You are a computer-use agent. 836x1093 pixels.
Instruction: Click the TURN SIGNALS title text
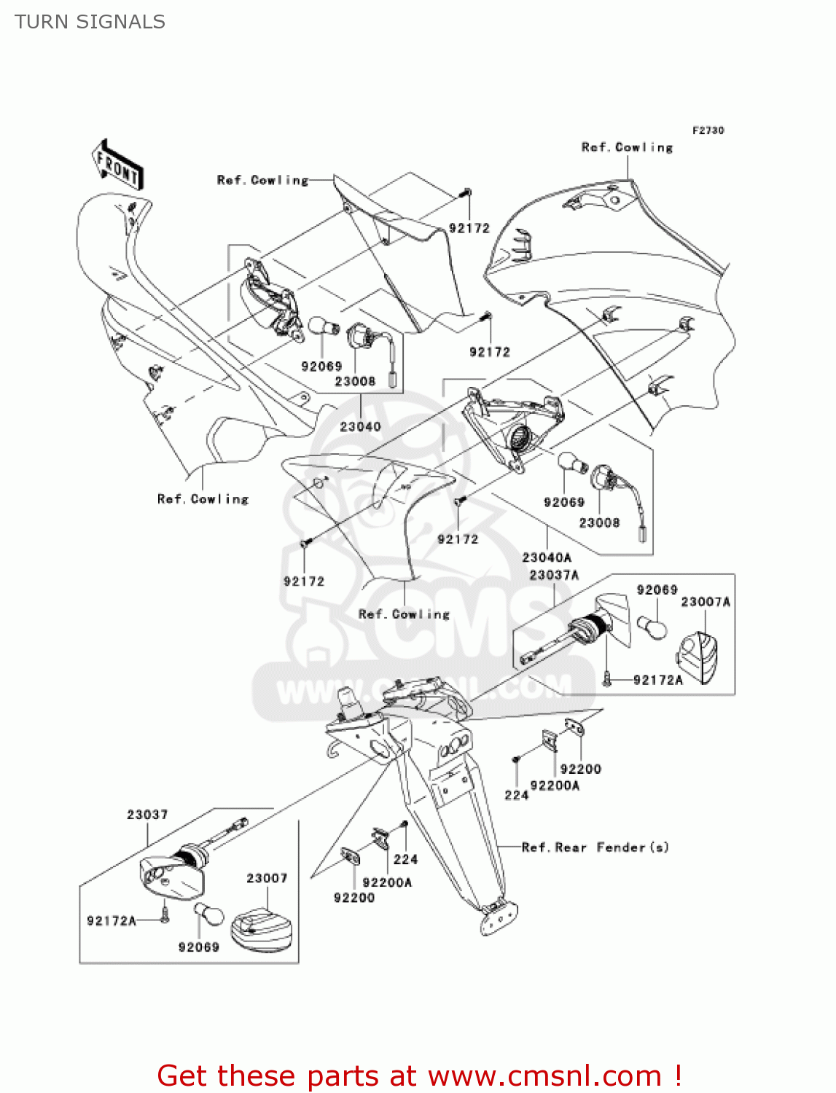pyautogui.click(x=90, y=22)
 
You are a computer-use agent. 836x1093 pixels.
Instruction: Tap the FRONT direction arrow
pyautogui.click(x=117, y=166)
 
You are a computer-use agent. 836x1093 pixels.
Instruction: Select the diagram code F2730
pyautogui.click(x=708, y=130)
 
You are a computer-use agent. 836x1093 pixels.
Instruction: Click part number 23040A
pyautogui.click(x=547, y=557)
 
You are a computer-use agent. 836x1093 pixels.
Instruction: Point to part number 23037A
pyautogui.click(x=554, y=575)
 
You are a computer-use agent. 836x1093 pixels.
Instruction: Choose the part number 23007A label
pyautogui.click(x=705, y=602)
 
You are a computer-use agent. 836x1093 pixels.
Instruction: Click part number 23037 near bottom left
pyautogui.click(x=147, y=815)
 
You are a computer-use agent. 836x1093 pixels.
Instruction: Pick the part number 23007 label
pyautogui.click(x=267, y=878)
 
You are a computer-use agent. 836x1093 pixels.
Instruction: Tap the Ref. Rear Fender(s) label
pyautogui.click(x=595, y=847)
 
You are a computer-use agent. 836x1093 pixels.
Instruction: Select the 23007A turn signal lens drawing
pyautogui.click(x=698, y=657)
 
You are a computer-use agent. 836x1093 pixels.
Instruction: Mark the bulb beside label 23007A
pyautogui.click(x=652, y=627)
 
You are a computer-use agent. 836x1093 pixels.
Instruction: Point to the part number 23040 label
pyautogui.click(x=360, y=426)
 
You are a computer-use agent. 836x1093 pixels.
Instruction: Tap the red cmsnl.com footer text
pyautogui.click(x=419, y=1076)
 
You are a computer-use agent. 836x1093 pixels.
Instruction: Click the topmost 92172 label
pyautogui.click(x=469, y=228)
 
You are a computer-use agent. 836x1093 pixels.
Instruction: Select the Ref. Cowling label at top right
pyautogui.click(x=627, y=147)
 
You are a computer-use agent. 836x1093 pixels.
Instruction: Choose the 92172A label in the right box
pyautogui.click(x=658, y=680)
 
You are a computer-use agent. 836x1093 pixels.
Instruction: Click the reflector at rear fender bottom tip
pyautogui.click(x=499, y=917)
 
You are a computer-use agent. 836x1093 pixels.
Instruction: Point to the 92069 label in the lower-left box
pyautogui.click(x=198, y=947)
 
